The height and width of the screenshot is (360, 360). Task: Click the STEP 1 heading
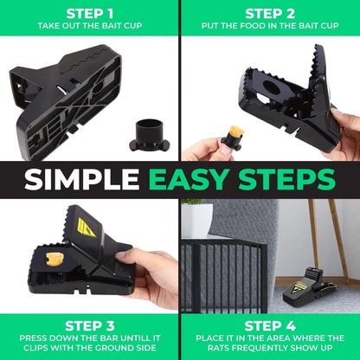[89, 12]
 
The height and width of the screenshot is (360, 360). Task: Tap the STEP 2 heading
[270, 12]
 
